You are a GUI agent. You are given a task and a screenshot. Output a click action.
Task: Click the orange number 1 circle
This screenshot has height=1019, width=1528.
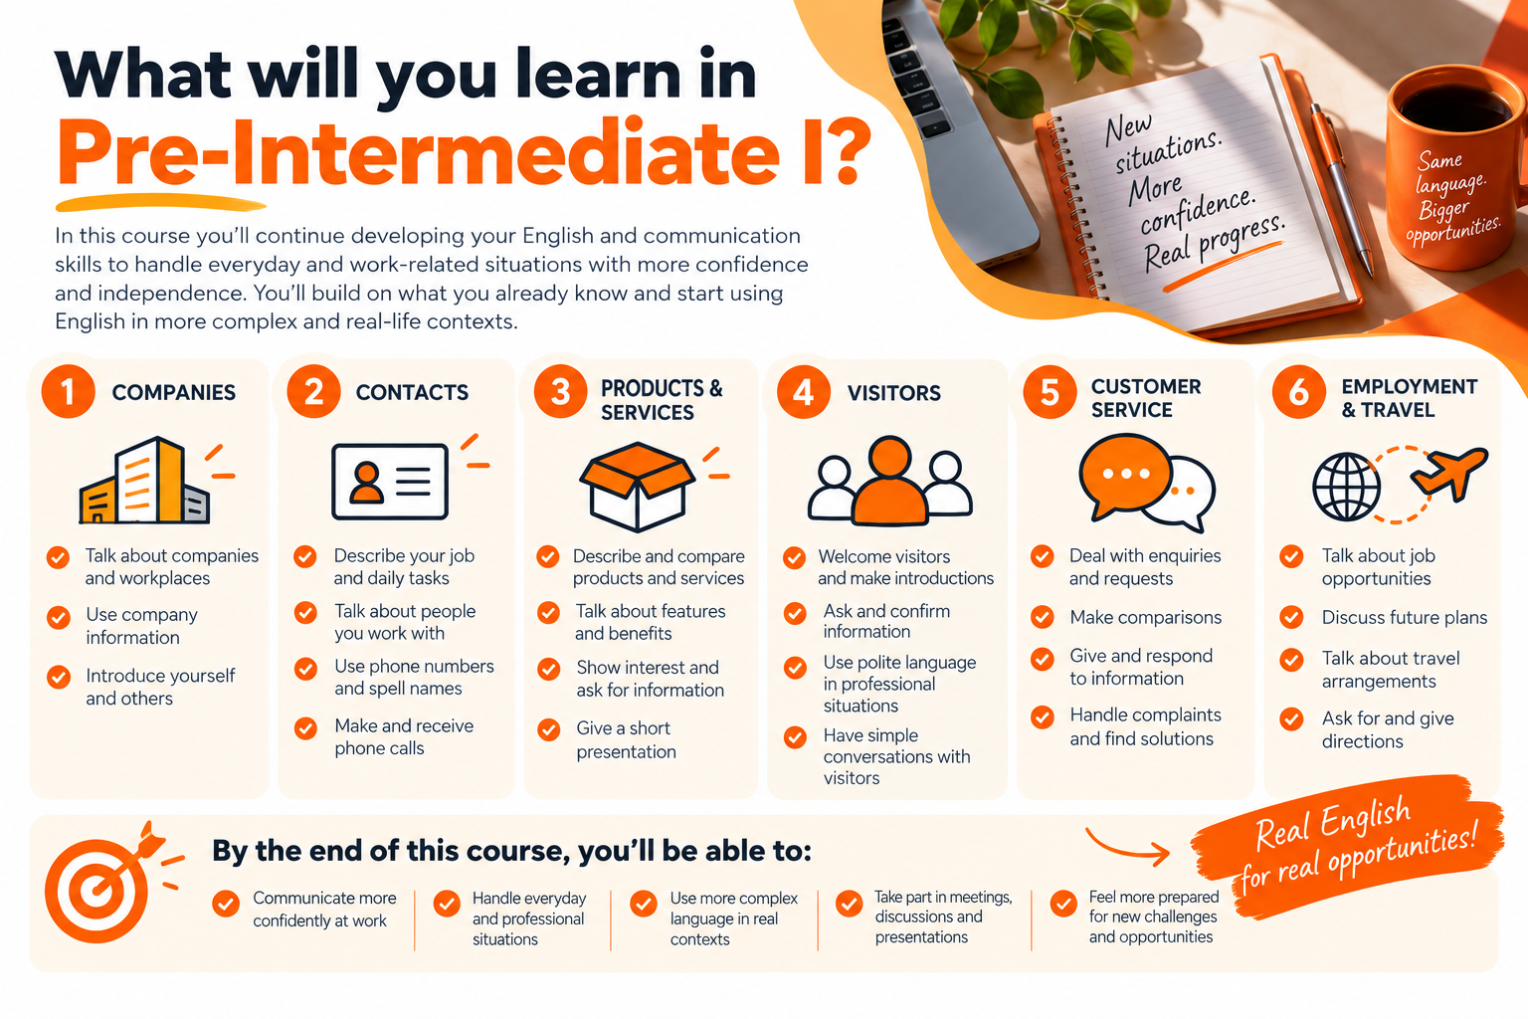pos(68,392)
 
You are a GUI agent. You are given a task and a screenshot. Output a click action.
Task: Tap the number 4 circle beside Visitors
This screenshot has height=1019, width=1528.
pos(804,392)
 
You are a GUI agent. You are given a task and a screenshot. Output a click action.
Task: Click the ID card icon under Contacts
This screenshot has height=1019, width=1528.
pos(390,482)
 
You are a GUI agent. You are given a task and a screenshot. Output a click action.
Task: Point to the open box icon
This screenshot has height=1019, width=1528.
pos(637,486)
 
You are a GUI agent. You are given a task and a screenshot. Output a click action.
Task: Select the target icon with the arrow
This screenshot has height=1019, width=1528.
pos(103,884)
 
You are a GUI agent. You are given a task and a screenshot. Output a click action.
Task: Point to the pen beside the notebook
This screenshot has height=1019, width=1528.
pos(1341,190)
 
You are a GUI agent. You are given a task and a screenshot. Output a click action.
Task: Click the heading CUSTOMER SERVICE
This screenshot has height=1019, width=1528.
pos(1145,398)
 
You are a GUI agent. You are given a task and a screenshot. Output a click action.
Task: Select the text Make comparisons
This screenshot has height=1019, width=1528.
pos(1145,617)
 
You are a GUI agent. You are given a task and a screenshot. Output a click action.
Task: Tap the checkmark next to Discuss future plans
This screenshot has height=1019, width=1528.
pos(1290,617)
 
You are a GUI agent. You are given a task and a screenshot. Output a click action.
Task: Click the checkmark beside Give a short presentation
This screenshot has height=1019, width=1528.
pos(548,729)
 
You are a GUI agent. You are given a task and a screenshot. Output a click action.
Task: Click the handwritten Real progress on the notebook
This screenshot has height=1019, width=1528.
pos(1215,243)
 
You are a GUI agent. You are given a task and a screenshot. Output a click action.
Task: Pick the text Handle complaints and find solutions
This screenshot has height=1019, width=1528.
pos(1145,726)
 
